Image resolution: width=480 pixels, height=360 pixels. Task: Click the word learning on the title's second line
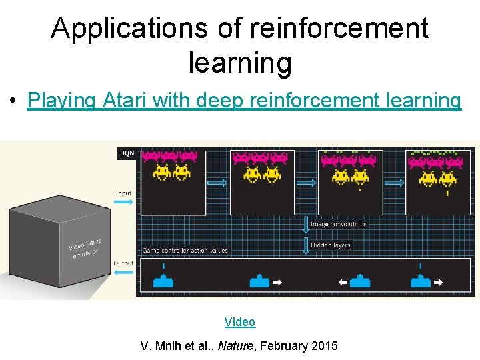(240, 63)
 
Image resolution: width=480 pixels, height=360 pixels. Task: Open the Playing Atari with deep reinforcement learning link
(244, 101)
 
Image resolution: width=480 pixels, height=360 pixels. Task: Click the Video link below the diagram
(240, 322)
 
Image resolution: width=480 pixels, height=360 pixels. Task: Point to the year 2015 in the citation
(323, 346)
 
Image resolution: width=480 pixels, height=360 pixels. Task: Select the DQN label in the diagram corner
(127, 153)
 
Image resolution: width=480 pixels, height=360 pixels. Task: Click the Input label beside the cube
(124, 193)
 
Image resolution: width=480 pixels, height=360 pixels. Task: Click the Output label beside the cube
(124, 263)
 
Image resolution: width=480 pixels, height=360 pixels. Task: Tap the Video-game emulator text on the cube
(85, 247)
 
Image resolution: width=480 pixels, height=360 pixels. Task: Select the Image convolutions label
(338, 225)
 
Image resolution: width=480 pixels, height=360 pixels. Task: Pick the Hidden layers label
(330, 245)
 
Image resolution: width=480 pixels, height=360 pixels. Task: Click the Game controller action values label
(185, 251)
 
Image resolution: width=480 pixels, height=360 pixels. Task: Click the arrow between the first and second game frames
(217, 181)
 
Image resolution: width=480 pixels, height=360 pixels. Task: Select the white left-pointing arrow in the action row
(343, 283)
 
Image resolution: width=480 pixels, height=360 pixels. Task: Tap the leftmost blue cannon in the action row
(163, 281)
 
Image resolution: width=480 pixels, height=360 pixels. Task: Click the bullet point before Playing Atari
(13, 102)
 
